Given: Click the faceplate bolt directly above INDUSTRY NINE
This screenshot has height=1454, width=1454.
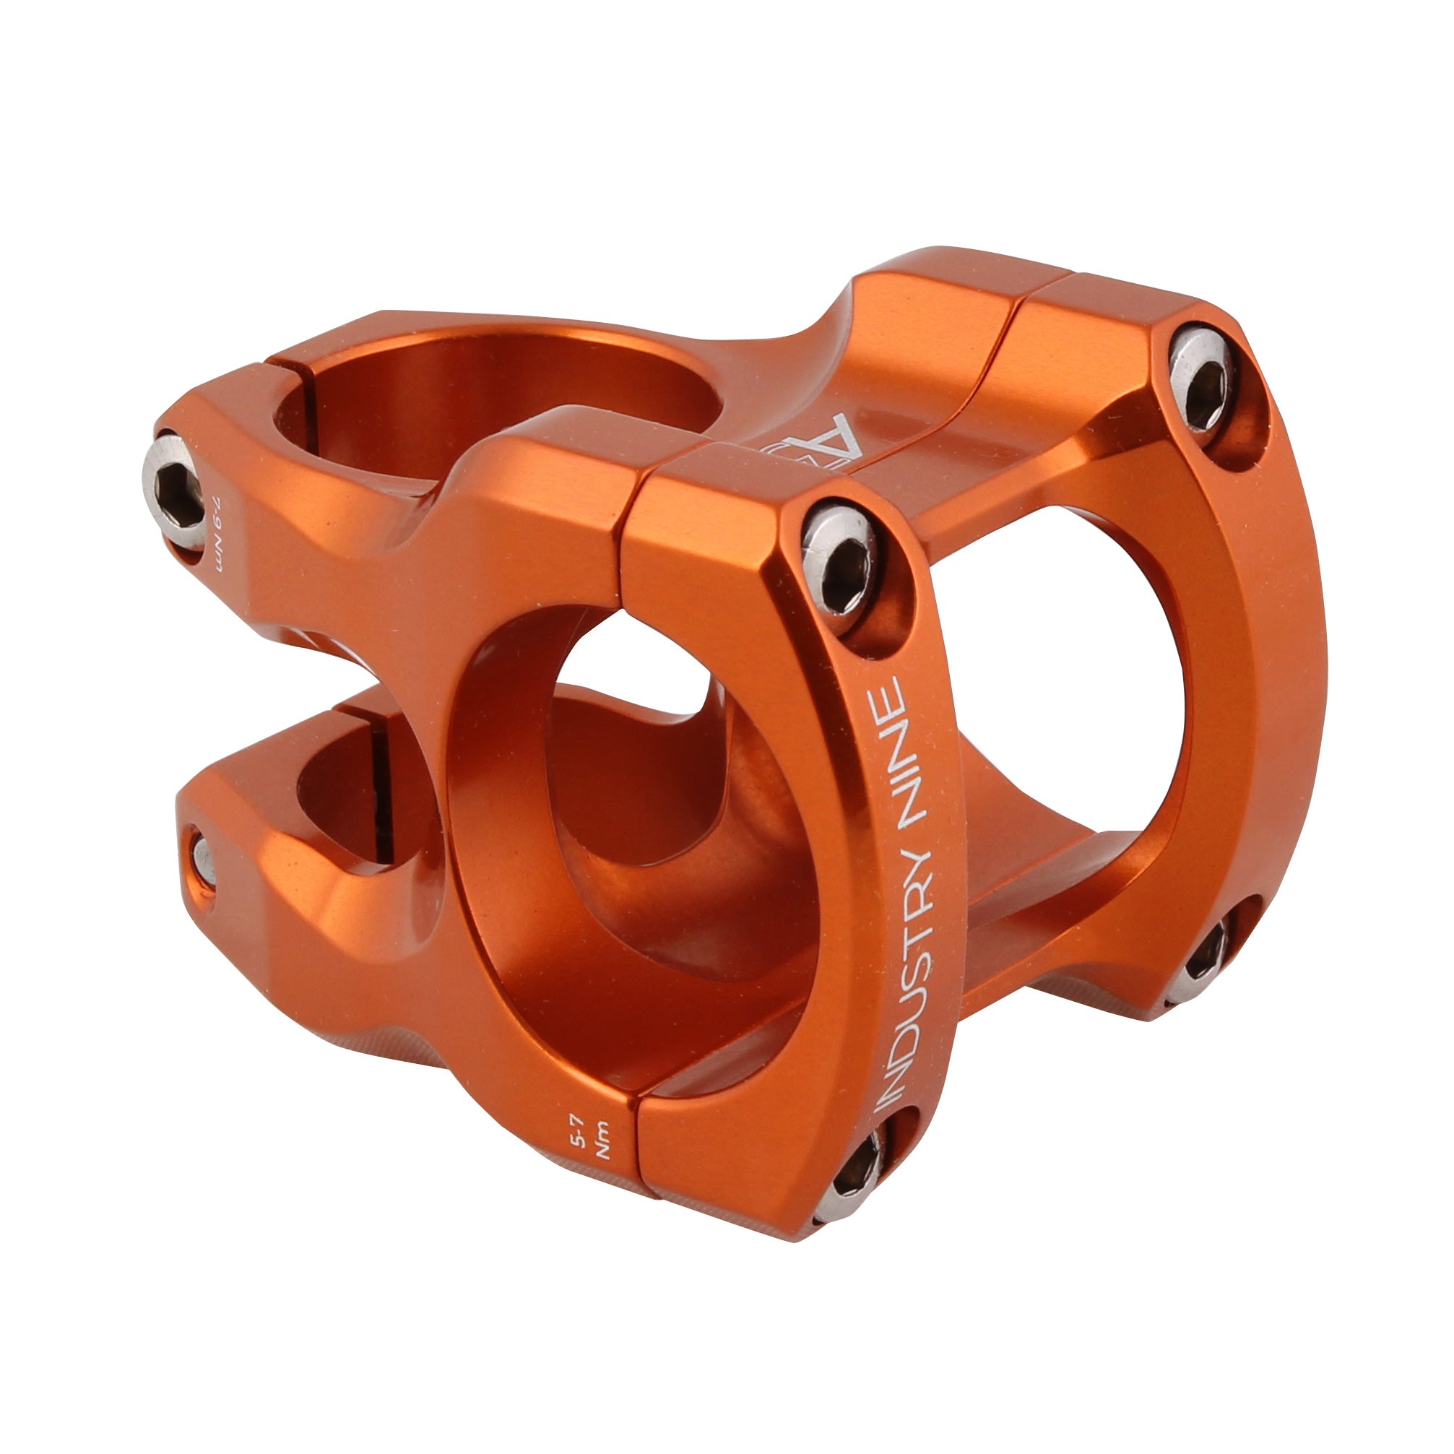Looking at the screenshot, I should click(839, 568).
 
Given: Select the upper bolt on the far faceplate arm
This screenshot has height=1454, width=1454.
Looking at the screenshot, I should click(1202, 381).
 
